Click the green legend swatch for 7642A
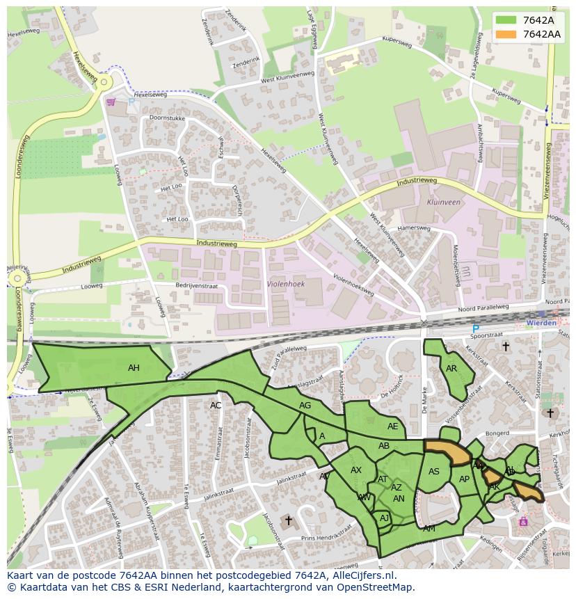pos(506,20)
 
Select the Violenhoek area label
pos(286,284)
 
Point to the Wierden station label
pos(541,323)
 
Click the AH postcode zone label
pos(134,368)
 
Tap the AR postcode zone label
pos(451,369)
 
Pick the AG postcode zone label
pos(305,406)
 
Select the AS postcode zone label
pos(434,472)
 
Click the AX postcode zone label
pos(356,470)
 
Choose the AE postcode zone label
pos(393,426)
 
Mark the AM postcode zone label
pos(429,529)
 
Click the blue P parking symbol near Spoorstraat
pos(476,329)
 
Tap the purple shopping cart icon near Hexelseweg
pos(111,102)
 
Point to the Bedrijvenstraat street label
pos(197,286)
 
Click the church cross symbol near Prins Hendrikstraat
pos(289,520)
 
